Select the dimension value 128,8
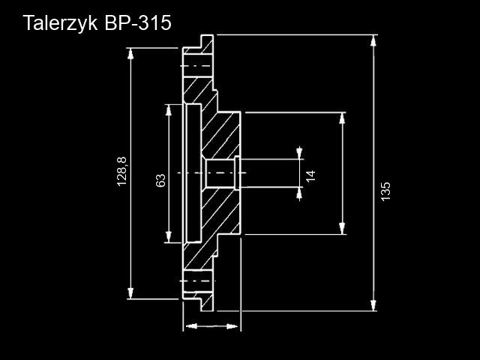[122, 172]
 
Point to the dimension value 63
[160, 180]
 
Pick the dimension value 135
[385, 190]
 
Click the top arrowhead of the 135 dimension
[373, 40]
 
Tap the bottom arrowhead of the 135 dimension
[373, 304]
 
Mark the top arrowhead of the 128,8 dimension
[132, 53]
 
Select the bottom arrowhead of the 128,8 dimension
[132, 294]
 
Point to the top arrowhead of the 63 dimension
[168, 110]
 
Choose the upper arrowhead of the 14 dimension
[300, 153]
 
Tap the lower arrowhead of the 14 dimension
[300, 193]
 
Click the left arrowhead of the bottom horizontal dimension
[189, 326]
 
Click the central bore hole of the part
[219, 173]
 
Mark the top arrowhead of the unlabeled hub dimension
[343, 118]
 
